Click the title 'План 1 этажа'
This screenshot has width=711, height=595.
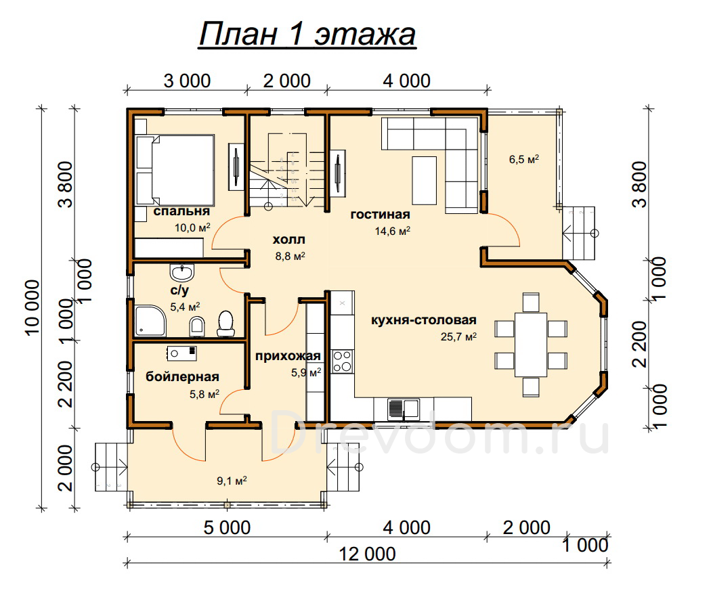click(307, 35)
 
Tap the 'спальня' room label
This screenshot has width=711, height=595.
click(181, 212)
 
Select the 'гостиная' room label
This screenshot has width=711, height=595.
click(380, 215)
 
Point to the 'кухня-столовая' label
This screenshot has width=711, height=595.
click(423, 320)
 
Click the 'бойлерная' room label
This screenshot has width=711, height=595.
click(182, 376)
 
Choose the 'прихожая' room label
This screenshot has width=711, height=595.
click(288, 357)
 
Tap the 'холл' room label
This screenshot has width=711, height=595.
click(289, 239)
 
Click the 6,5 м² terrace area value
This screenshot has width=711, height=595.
click(523, 159)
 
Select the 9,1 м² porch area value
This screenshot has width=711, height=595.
click(232, 481)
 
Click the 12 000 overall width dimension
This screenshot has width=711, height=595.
click(367, 554)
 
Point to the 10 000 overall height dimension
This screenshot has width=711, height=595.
click(33, 307)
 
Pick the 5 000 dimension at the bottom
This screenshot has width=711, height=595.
click(227, 527)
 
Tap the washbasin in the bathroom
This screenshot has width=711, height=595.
click(182, 272)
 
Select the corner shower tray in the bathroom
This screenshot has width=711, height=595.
click(150, 320)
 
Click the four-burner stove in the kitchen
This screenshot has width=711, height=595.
click(343, 361)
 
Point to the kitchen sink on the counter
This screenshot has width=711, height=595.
click(403, 408)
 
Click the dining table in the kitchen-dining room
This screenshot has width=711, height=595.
click(531, 345)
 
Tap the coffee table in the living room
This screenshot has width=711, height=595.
click(425, 180)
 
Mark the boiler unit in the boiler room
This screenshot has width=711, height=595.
click(181, 353)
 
